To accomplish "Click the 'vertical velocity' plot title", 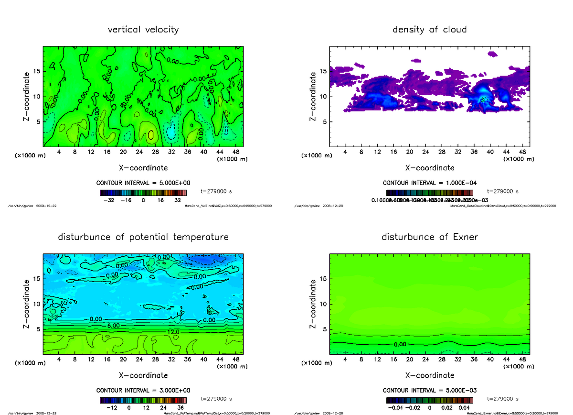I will click(143, 30).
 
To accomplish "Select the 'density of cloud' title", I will click(429, 30).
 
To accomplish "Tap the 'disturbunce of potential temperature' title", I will click(143, 237).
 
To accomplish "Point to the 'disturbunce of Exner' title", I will click(430, 237).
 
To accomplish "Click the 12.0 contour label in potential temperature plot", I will click(173, 332).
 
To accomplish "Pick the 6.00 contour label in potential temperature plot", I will click(113, 325).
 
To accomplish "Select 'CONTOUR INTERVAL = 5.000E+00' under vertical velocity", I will click(144, 183).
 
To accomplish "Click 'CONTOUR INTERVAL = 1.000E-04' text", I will click(430, 183).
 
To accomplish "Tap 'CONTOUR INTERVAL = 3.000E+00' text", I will click(144, 391).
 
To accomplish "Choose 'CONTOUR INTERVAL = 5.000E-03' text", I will click(430, 391).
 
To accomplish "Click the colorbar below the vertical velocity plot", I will click(143, 193).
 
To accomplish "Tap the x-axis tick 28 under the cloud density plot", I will click(442, 152).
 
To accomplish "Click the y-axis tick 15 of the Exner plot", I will click(323, 278).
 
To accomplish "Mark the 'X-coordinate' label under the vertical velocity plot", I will click(143, 168).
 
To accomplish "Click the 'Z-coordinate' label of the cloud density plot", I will click(313, 96).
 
